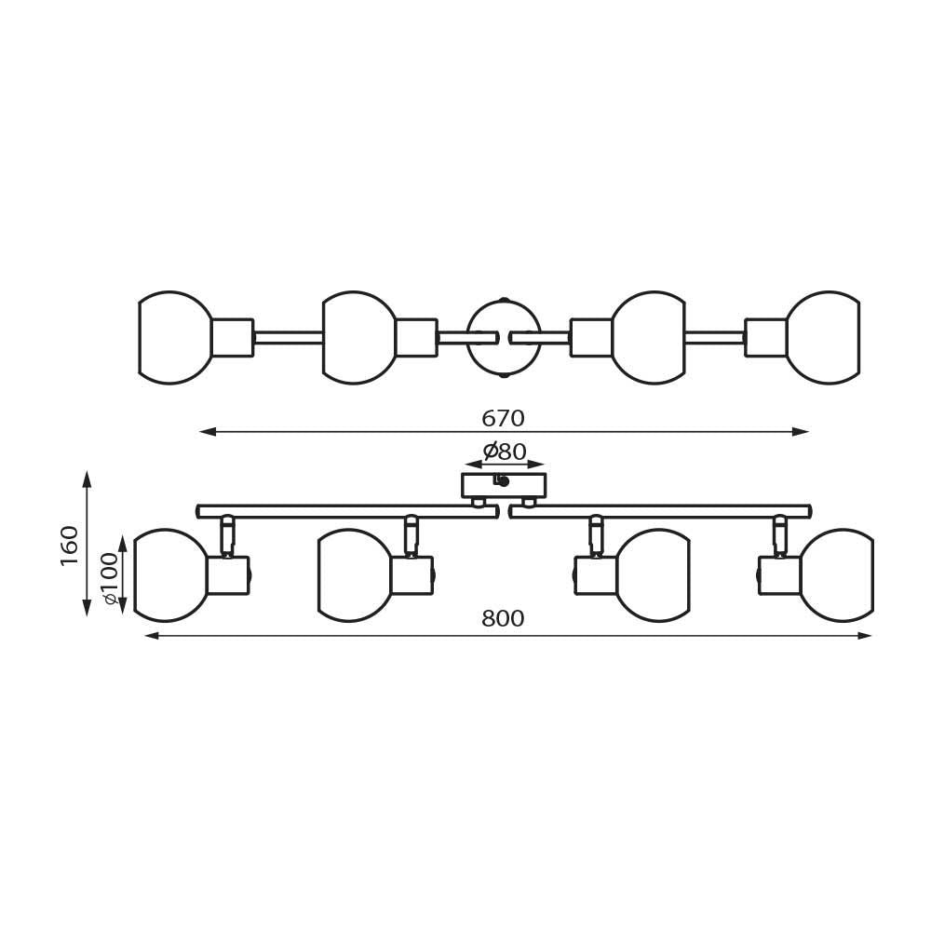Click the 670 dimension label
coord(503,419)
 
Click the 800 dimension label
coord(503,619)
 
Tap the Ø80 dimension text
coord(505,452)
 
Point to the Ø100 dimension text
coord(111,579)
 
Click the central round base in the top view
coord(504,337)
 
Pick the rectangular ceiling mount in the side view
coord(504,485)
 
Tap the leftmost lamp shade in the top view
coord(175,338)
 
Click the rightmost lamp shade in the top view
coord(823,338)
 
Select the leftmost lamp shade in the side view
coord(170,574)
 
